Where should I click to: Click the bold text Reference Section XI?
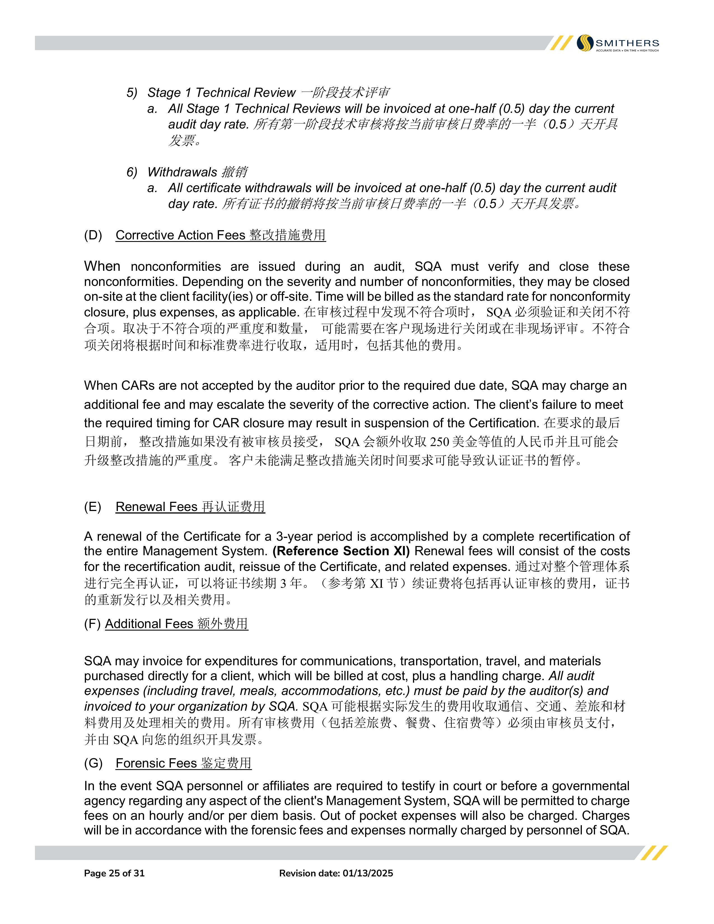[x=341, y=551]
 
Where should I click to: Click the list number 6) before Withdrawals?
[x=132, y=172]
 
